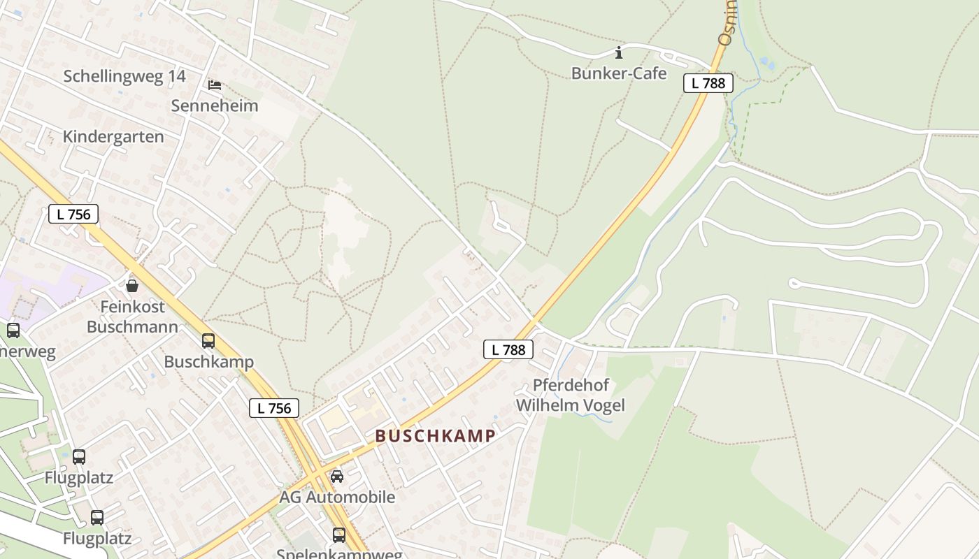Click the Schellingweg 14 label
point(124,76)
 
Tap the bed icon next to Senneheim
point(215,85)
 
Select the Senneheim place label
point(215,106)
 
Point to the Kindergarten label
point(113,136)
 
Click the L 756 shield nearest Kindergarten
point(73,214)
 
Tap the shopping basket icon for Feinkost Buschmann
point(131,285)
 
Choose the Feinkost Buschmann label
point(132,317)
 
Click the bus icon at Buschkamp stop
point(208,341)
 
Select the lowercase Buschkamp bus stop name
point(208,362)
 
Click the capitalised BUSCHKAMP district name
point(435,436)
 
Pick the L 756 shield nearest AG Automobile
point(274,408)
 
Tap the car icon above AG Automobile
point(337,477)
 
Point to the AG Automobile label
point(337,498)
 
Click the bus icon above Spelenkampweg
point(339,535)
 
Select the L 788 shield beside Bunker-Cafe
point(708,83)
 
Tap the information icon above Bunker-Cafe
point(618,52)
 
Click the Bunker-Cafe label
point(619,73)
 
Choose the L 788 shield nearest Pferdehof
point(508,349)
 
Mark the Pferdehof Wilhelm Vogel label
point(570,395)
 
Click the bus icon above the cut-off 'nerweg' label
point(13,330)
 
